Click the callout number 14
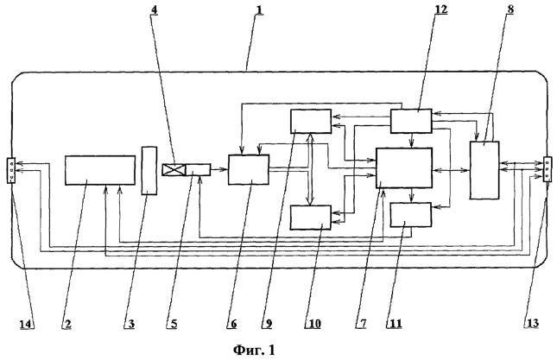[26, 324]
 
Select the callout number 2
[67, 324]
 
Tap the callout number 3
[130, 324]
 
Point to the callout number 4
[154, 9]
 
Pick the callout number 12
[441, 9]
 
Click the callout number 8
[510, 9]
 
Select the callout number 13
[532, 324]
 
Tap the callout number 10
[314, 324]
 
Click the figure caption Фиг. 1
[254, 351]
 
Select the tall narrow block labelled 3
[149, 170]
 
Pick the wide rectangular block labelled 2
[100, 170]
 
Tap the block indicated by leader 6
[249, 169]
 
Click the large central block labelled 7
[404, 168]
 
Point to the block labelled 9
[311, 121]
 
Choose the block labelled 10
[311, 218]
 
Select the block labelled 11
[411, 215]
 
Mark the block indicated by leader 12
[411, 121]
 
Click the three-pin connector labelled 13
[548, 169]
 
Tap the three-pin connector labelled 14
[11, 170]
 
